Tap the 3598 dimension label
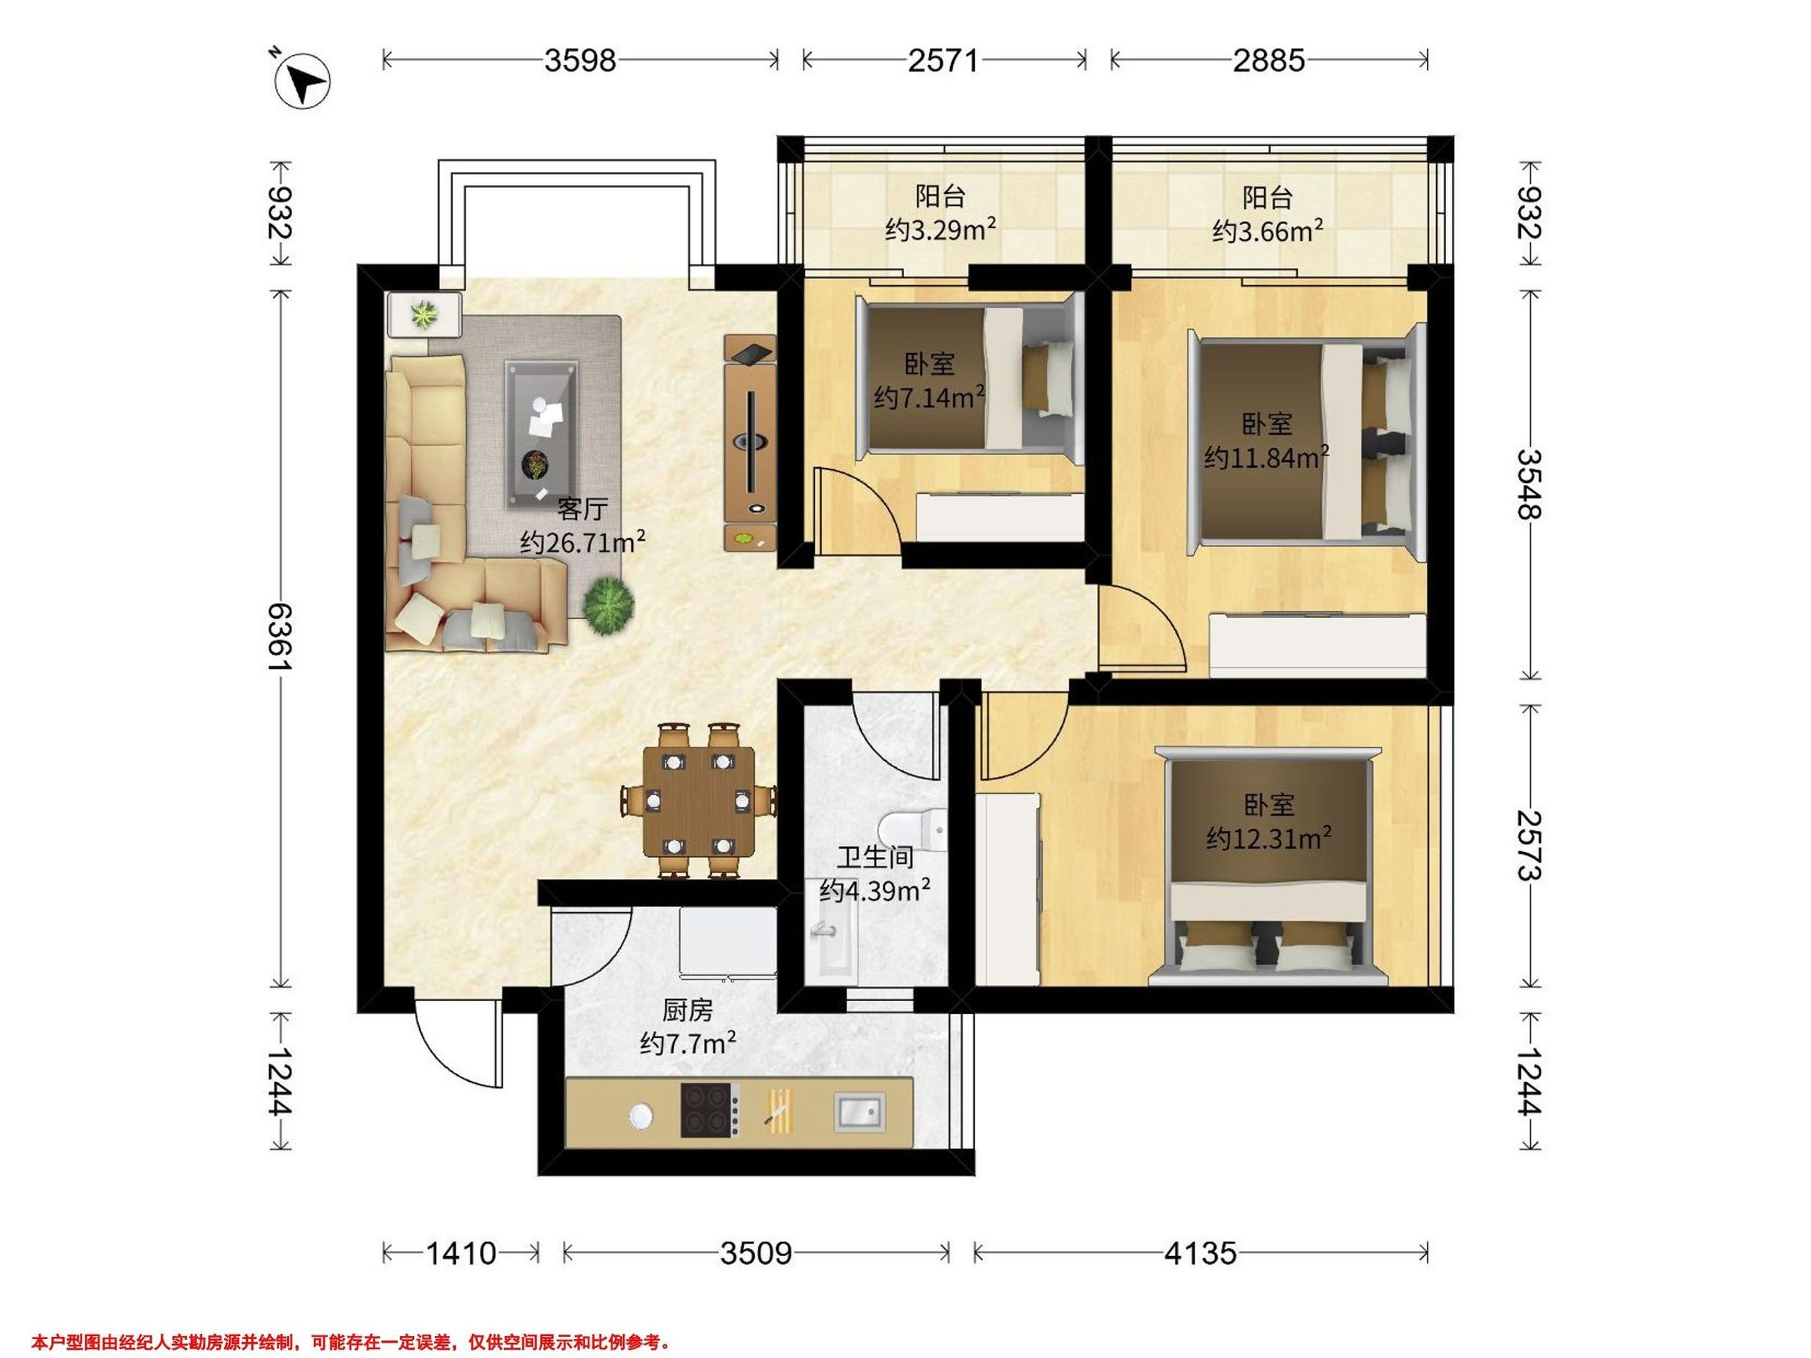(580, 60)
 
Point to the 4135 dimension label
(1201, 1253)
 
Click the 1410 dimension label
(461, 1253)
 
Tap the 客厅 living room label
(582, 509)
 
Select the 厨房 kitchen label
(687, 1011)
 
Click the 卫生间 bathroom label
(875, 857)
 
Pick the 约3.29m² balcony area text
(941, 230)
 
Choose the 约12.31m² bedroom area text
(1268, 837)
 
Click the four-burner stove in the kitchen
(711, 1110)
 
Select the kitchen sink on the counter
(859, 1111)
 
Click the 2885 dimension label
(1269, 60)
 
